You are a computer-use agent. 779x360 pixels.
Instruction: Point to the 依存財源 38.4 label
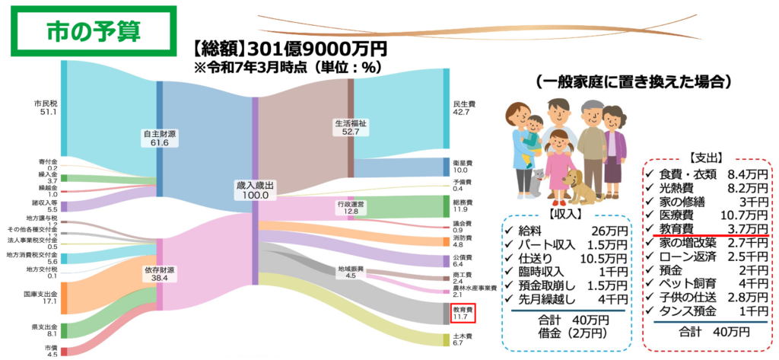pyautogui.click(x=160, y=275)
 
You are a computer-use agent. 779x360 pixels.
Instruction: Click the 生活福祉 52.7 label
pyautogui.click(x=351, y=127)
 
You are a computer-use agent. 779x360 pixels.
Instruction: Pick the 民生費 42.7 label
pyautogui.click(x=463, y=107)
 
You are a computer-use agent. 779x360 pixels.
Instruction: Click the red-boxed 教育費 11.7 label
pyautogui.click(x=463, y=314)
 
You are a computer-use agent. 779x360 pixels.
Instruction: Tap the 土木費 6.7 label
pyautogui.click(x=463, y=339)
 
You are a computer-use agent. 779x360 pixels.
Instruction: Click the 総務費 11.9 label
pyautogui.click(x=463, y=206)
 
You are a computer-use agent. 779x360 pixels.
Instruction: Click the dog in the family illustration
pyautogui.click(x=579, y=186)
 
